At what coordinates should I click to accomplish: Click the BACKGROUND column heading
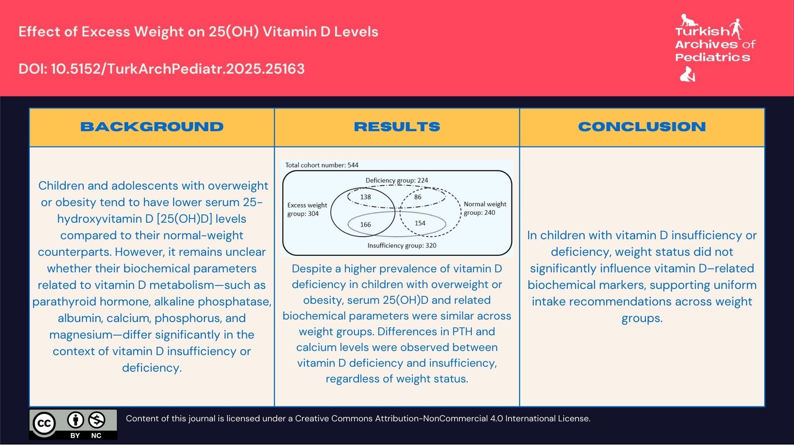coord(152,127)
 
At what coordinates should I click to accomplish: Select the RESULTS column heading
coord(397,127)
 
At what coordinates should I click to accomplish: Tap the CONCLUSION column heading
coord(642,127)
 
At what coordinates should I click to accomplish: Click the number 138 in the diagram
coord(366,197)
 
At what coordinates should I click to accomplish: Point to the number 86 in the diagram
coord(418,197)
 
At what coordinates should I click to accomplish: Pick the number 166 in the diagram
coord(366,225)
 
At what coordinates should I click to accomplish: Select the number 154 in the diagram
coord(420,223)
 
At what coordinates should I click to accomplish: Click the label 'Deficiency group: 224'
coord(397,180)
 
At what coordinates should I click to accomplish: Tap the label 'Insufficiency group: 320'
coord(402,245)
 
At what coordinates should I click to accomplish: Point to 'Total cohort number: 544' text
coord(322,165)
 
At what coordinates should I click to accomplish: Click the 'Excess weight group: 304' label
coord(307,209)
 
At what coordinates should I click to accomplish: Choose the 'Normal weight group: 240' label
coord(485,208)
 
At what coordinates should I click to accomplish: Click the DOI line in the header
coord(161,69)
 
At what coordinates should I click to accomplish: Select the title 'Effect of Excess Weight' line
coord(198,32)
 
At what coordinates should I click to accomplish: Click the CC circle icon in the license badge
coord(44,423)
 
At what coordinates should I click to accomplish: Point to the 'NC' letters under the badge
coord(96,435)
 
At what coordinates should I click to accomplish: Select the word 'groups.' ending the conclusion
coord(642,318)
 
